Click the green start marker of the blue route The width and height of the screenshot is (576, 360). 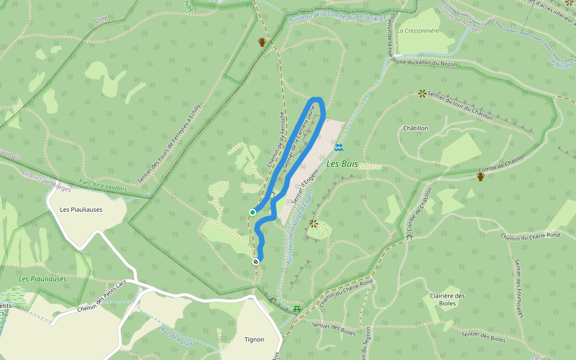click(x=253, y=212)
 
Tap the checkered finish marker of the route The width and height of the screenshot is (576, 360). click(x=256, y=261)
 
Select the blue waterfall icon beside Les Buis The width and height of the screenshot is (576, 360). click(x=339, y=147)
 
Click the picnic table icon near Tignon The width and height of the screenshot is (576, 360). click(x=297, y=309)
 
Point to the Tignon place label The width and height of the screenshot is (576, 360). click(x=254, y=340)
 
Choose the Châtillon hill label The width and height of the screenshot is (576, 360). click(x=416, y=128)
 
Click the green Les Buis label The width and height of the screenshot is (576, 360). click(x=341, y=163)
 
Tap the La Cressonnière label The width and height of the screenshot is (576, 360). click(x=418, y=31)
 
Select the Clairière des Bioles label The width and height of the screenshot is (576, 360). click(x=448, y=299)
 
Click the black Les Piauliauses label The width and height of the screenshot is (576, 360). click(x=82, y=210)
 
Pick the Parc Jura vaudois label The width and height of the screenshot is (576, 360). click(x=103, y=185)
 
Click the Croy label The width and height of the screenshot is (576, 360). click(x=101, y=20)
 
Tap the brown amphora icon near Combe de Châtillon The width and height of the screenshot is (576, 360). click(x=481, y=176)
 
